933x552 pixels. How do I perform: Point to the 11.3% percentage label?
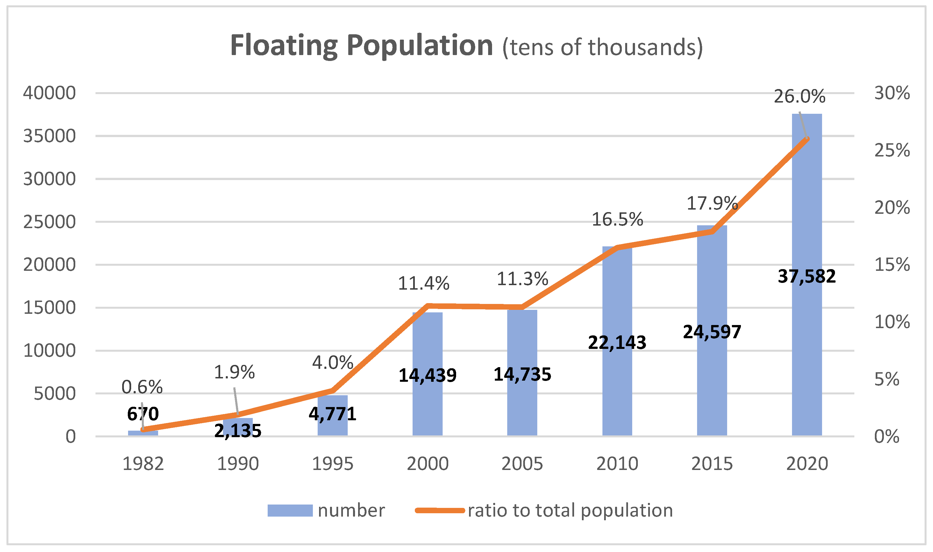click(x=522, y=279)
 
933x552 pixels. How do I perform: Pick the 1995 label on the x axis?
click(x=333, y=464)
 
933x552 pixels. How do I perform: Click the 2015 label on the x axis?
click(x=712, y=464)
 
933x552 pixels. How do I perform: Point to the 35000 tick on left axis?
click(x=49, y=136)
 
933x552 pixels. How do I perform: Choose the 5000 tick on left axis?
click(x=55, y=394)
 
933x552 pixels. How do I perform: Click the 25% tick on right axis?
click(x=892, y=150)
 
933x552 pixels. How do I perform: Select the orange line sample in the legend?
click(x=440, y=510)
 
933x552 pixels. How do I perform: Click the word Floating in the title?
click(x=283, y=46)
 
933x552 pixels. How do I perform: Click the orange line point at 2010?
click(x=617, y=247)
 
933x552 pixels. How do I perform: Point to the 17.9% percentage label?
click(x=712, y=203)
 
